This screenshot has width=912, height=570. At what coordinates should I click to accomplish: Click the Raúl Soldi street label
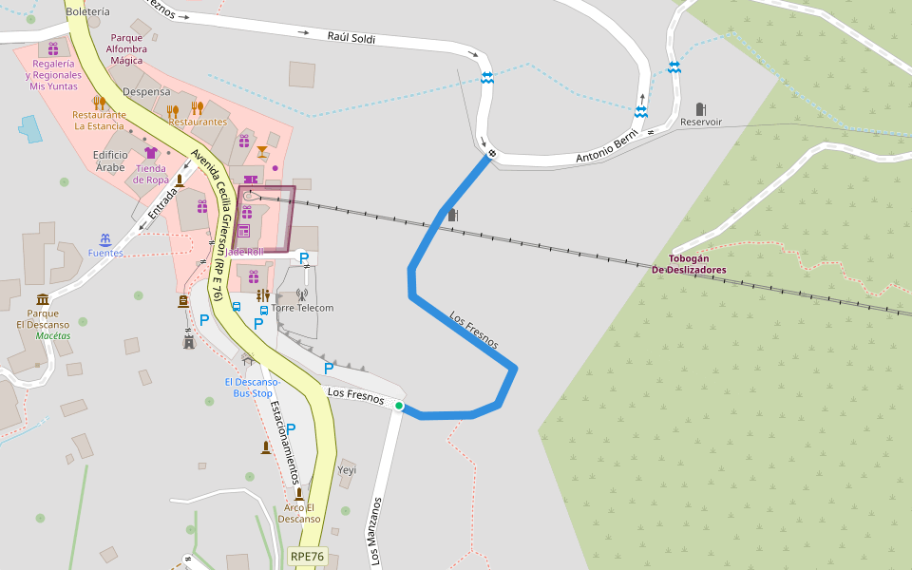(351, 39)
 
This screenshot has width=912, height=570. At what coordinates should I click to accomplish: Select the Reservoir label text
(701, 123)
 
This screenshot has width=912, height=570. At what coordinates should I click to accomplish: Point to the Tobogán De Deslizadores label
(689, 264)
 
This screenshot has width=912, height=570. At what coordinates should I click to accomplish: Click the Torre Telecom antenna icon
(302, 294)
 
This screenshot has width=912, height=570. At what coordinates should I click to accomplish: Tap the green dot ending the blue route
(399, 407)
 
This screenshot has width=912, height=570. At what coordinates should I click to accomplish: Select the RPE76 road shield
(308, 557)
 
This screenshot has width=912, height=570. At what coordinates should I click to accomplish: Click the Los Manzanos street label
(376, 532)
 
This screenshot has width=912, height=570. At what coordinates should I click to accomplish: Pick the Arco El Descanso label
(299, 513)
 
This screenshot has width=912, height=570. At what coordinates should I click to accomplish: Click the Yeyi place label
(347, 470)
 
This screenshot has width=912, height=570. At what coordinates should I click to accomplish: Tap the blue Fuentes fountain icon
(105, 238)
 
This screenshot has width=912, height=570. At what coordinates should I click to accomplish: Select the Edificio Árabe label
(109, 161)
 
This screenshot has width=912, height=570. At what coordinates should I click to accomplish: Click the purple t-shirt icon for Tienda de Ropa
(150, 153)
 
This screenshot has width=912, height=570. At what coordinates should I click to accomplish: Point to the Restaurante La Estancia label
(99, 120)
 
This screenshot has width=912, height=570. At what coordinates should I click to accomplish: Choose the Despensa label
(146, 92)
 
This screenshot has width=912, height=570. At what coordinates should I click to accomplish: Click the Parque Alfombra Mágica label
(126, 48)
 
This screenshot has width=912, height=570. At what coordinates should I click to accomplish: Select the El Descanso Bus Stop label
(251, 387)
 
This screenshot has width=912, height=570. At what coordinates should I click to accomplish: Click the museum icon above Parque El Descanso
(43, 299)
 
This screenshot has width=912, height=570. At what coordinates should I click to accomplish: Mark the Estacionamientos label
(285, 442)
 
